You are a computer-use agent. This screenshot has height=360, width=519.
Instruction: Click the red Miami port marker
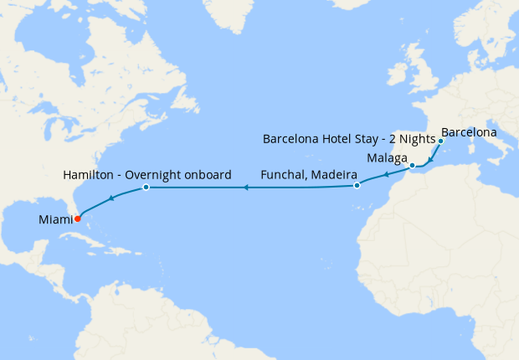tap(78, 219)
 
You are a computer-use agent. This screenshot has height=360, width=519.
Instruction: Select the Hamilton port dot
tap(146, 188)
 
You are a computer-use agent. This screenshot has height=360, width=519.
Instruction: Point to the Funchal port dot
tap(357, 185)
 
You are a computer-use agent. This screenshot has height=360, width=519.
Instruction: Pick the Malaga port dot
tap(413, 166)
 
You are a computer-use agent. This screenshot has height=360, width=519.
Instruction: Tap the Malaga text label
tap(387, 157)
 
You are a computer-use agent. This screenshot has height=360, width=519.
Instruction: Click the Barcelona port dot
tap(440, 141)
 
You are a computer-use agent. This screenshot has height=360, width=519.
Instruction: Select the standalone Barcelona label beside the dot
tap(469, 132)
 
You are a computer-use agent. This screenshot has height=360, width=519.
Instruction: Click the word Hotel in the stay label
tap(340, 138)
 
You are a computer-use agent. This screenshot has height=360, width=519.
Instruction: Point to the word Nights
tap(416, 138)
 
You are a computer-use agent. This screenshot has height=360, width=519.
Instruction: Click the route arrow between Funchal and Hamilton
tap(245, 188)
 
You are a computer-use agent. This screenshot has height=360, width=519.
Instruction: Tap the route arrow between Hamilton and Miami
tap(110, 199)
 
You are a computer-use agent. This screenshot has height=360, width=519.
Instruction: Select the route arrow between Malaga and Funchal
tap(386, 175)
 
